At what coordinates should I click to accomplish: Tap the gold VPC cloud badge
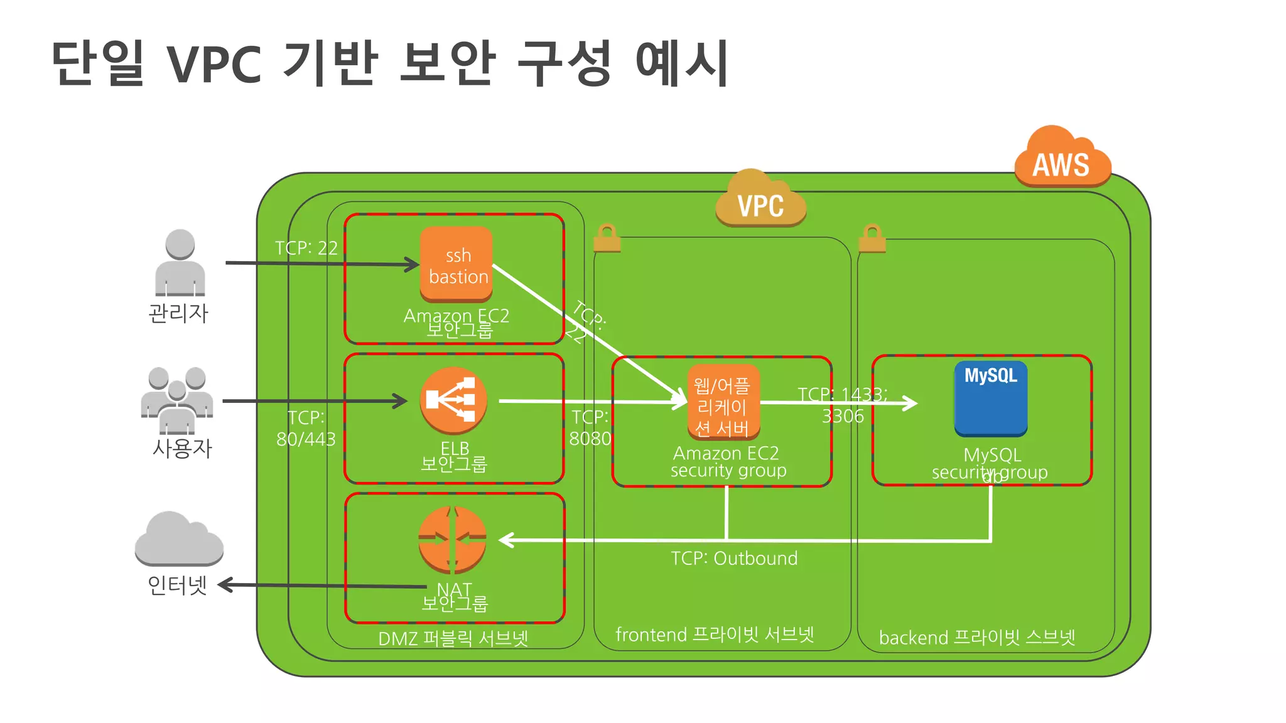pos(760,201)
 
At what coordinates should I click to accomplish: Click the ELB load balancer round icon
pos(453,400)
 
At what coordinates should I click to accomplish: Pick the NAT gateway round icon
pos(452,539)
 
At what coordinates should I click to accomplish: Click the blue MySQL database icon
pos(990,399)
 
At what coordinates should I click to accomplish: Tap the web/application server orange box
pos(723,402)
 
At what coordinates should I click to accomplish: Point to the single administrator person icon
pos(180,263)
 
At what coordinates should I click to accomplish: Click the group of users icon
pos(177,400)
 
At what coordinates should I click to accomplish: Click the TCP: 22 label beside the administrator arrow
pos(306,248)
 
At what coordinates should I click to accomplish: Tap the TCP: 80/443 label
pos(306,428)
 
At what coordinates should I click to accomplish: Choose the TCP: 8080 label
pos(590,427)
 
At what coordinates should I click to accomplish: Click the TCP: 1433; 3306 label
pos(842,405)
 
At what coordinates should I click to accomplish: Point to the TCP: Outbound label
pos(733,558)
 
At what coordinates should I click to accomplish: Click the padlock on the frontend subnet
pos(607,238)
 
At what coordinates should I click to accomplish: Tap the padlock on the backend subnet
pos(872,238)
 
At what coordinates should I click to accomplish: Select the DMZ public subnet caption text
pos(453,638)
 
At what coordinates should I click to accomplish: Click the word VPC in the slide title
pos(214,65)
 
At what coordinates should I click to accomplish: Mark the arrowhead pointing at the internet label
pos(225,585)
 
